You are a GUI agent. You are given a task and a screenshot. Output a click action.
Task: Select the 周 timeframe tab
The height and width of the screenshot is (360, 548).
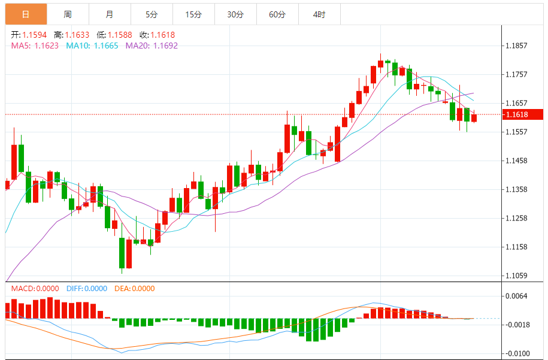(x=68, y=14)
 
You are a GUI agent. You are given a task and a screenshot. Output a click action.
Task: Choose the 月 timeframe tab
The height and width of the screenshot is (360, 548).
(x=109, y=14)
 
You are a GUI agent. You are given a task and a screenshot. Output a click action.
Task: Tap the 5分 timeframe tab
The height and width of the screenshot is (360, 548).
(x=152, y=14)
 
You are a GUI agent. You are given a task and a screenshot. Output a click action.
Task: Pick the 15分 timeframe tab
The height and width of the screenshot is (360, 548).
(x=193, y=14)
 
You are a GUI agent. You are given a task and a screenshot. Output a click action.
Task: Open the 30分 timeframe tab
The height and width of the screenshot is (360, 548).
(x=235, y=14)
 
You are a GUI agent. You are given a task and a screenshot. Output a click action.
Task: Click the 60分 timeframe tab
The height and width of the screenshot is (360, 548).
(x=277, y=14)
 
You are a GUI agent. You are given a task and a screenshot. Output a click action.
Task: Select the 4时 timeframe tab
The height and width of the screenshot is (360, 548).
(x=319, y=14)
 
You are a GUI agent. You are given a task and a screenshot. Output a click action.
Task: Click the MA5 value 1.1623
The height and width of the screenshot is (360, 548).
(x=46, y=46)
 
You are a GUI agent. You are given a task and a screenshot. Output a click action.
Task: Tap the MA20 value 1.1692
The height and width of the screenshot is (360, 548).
(x=165, y=46)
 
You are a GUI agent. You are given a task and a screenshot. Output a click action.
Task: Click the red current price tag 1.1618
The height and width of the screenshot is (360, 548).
(x=523, y=114)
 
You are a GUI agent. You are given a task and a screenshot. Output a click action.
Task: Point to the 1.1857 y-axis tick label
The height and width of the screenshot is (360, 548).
(x=516, y=46)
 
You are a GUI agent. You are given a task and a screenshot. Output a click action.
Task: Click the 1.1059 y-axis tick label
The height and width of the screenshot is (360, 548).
(x=516, y=276)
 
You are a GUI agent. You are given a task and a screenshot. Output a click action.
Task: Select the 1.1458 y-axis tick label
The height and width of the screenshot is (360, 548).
(x=516, y=161)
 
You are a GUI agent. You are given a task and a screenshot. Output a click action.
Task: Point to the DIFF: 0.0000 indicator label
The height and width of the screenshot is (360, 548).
(x=87, y=289)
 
